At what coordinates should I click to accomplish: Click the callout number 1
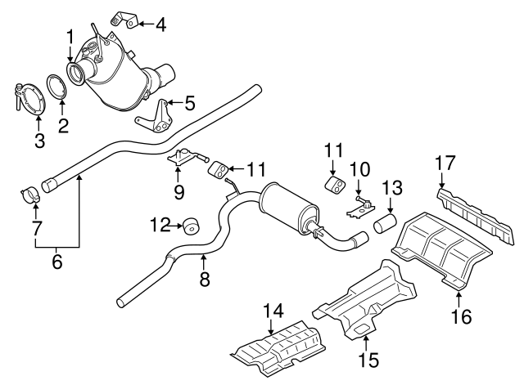pyautogui.click(x=70, y=36)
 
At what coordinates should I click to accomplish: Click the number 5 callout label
pyautogui.click(x=190, y=103)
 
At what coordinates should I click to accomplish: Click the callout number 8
pyautogui.click(x=205, y=280)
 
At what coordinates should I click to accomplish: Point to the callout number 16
pyautogui.click(x=464, y=315)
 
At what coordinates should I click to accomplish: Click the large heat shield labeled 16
pyautogui.click(x=442, y=245)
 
